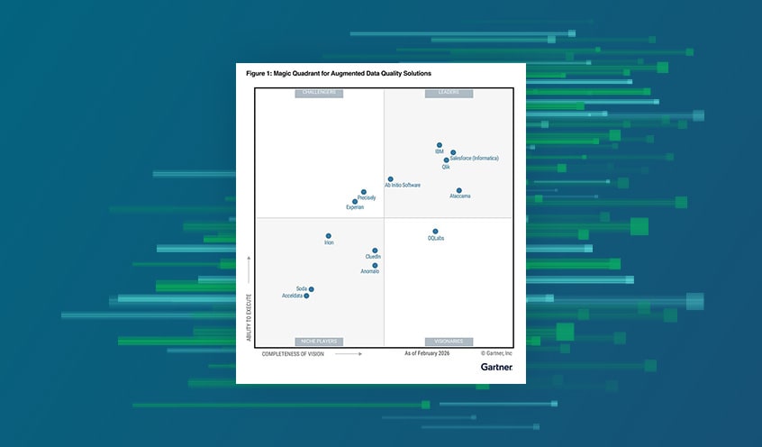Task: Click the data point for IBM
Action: (x=440, y=145)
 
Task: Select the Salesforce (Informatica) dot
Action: (x=453, y=152)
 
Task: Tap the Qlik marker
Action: (x=447, y=160)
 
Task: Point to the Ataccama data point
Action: (x=458, y=190)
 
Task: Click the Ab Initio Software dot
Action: (x=391, y=179)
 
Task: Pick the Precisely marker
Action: (x=364, y=192)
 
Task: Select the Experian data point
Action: (x=355, y=202)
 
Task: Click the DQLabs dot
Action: (x=435, y=232)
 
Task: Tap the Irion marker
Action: (x=329, y=236)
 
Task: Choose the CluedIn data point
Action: (x=375, y=251)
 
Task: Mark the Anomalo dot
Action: (x=375, y=265)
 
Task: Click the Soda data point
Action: (x=312, y=289)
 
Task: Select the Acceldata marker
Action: (x=306, y=296)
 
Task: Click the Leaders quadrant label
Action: (x=449, y=93)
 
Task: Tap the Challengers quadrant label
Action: (x=319, y=93)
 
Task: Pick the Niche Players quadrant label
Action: (x=319, y=342)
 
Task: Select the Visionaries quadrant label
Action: (x=449, y=342)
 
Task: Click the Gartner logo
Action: (x=496, y=367)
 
